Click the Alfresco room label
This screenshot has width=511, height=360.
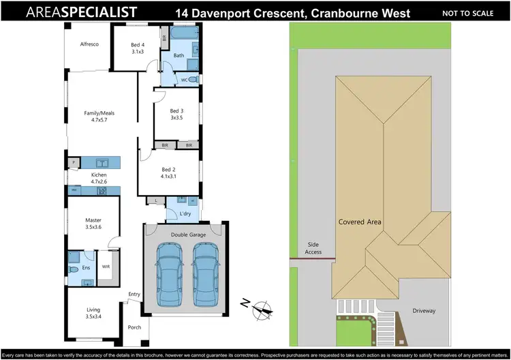91,44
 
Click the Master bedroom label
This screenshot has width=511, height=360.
93,224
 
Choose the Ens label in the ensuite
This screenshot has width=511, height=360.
85,267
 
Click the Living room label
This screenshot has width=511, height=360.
93,313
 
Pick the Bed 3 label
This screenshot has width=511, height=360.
177,114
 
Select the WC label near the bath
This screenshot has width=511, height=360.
184,80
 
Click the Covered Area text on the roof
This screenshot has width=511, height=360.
360,222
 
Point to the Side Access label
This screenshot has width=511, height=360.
313,247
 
